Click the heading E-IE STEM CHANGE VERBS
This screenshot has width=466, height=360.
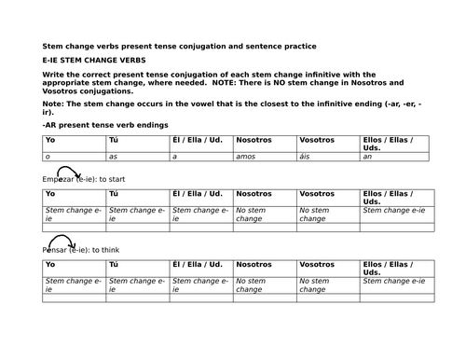click(x=93, y=60)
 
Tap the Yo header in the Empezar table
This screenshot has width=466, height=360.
click(x=50, y=194)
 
